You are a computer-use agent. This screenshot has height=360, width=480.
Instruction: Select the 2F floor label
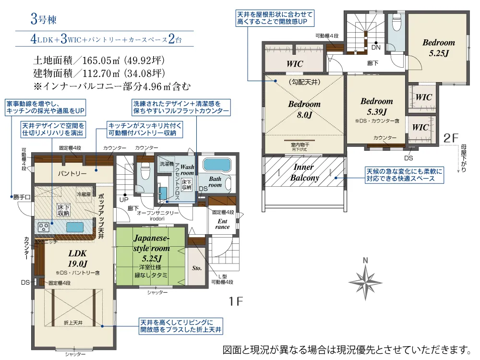click(453, 138)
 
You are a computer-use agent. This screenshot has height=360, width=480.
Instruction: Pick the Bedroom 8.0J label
click(304, 109)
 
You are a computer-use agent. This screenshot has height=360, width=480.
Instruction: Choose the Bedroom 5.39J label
click(376, 107)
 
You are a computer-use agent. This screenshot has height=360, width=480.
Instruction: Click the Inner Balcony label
click(304, 172)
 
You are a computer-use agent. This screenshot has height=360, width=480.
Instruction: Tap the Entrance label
click(222, 224)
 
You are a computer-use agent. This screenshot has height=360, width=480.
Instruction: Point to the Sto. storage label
click(196, 268)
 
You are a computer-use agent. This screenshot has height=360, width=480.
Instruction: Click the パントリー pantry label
click(72, 173)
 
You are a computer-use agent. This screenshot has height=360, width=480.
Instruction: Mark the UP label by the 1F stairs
click(123, 199)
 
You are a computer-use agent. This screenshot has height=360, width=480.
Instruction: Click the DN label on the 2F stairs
click(375, 48)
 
